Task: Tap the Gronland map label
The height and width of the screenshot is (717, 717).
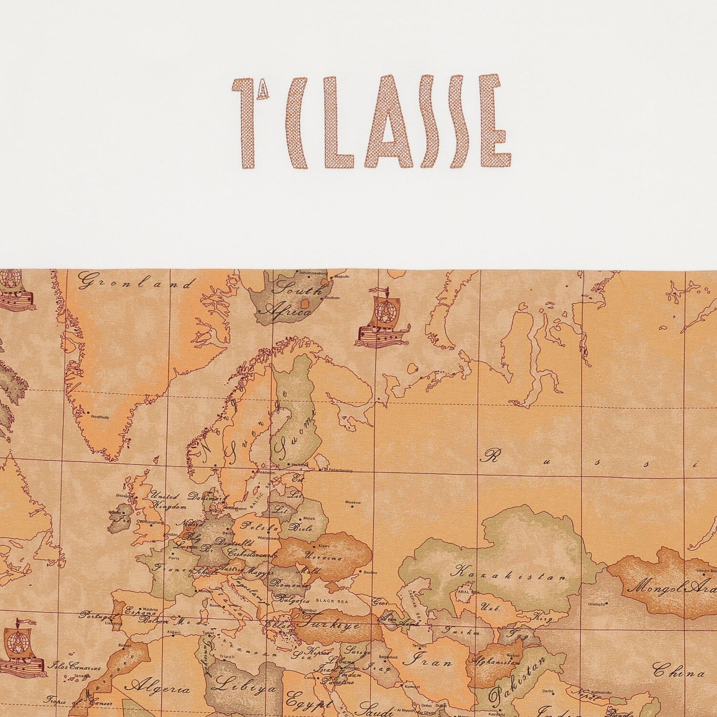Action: tap(134, 282)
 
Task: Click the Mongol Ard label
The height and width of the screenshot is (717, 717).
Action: tap(671, 587)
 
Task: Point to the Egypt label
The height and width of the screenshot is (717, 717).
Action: tap(309, 705)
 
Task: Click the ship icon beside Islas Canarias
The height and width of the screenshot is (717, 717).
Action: tap(21, 648)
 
